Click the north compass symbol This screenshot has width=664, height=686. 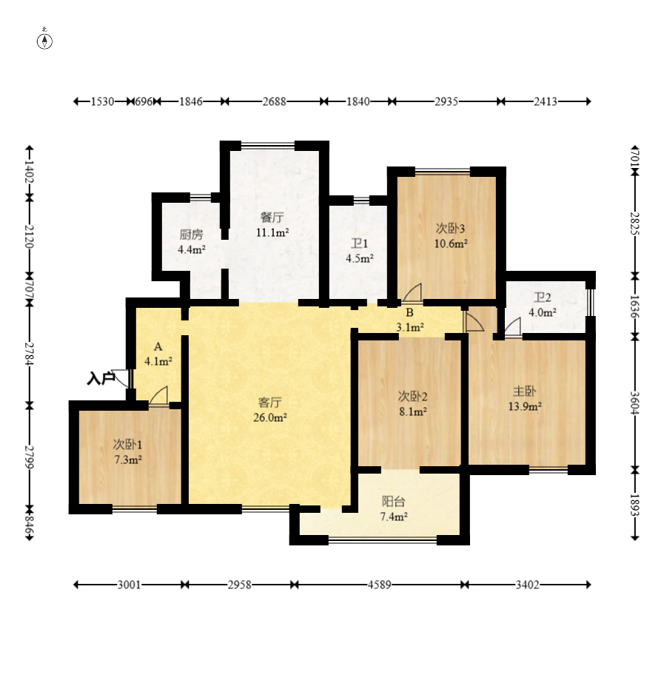(x=44, y=40)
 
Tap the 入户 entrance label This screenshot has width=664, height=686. (x=100, y=378)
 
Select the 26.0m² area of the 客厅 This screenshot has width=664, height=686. (x=270, y=417)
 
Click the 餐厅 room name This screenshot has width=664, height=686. (x=272, y=218)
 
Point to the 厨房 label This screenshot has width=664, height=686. (x=191, y=235)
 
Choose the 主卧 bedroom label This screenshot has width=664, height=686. (x=524, y=391)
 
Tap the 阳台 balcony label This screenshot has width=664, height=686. (x=394, y=502)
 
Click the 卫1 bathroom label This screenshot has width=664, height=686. (x=359, y=243)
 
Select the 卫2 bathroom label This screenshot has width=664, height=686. (x=543, y=297)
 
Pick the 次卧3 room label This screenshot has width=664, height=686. (x=450, y=229)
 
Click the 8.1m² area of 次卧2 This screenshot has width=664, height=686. (x=413, y=411)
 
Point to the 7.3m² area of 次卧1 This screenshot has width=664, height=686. (x=128, y=460)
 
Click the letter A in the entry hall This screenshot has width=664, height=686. (x=158, y=347)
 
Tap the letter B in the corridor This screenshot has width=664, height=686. (x=409, y=312)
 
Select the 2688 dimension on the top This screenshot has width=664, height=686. (x=274, y=101)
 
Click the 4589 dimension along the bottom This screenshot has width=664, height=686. (x=379, y=585)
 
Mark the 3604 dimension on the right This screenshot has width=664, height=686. (x=634, y=403)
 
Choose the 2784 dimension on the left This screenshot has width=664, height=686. (x=30, y=354)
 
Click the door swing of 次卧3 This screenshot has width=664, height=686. (x=412, y=292)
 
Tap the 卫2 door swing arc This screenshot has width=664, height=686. (x=512, y=327)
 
